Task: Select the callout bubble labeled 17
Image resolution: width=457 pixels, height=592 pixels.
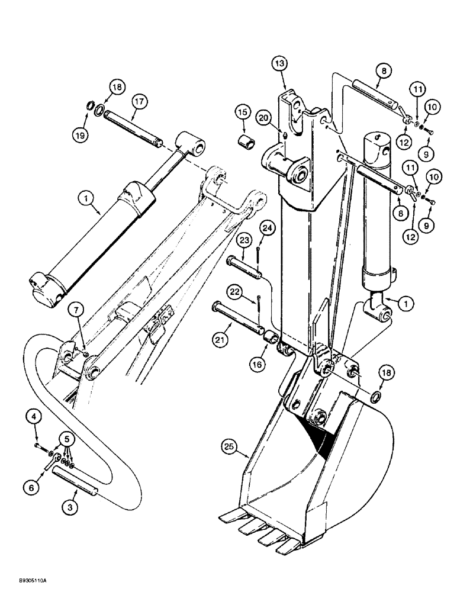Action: pyautogui.click(x=139, y=102)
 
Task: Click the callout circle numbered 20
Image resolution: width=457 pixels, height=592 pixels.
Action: pyautogui.click(x=264, y=118)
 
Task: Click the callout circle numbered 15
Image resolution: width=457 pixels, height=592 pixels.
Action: pyautogui.click(x=241, y=111)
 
